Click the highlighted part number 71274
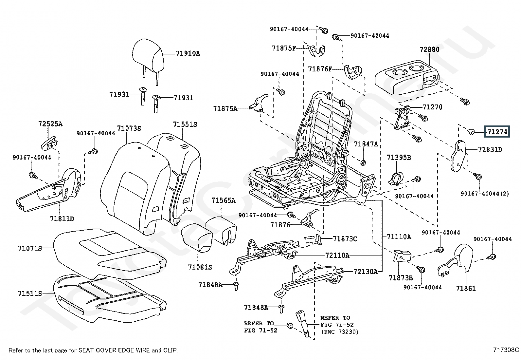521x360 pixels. coord(497,132)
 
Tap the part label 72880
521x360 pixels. coord(429,50)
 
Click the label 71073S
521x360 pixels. coord(129,128)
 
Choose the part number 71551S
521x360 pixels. coord(185,124)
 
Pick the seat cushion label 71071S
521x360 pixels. coord(30,248)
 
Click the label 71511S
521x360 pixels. coord(30,293)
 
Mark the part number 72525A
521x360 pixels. coord(50,124)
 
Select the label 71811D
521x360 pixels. coord(62,218)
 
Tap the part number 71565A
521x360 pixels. coord(223,200)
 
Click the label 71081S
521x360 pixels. coord(200,267)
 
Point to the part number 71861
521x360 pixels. coord(466,288)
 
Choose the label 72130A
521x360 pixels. coord(366,272)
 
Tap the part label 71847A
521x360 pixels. coord(366,144)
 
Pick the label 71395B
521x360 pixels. coord(399,158)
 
